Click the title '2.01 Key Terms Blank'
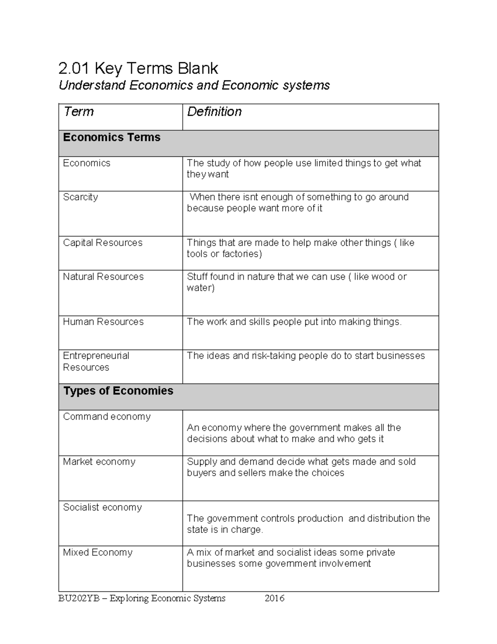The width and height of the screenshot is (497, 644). click(138, 68)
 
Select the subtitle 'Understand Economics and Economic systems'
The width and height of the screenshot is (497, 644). click(194, 85)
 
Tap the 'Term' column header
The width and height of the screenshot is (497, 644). click(78, 112)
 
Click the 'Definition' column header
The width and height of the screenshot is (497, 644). click(214, 112)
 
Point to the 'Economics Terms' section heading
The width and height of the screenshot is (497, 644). click(111, 137)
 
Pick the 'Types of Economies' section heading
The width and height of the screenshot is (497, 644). click(118, 391)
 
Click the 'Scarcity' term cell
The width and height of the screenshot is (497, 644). click(80, 197)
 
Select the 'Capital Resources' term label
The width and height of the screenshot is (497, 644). click(102, 243)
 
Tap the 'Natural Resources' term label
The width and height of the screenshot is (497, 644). click(103, 277)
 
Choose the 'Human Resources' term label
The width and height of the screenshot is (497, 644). click(103, 322)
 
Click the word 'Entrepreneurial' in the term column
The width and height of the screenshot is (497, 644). click(96, 356)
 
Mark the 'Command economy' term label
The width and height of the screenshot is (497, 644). click(106, 416)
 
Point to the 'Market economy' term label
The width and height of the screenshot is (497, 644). click(99, 462)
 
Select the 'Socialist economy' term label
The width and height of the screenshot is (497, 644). click(102, 507)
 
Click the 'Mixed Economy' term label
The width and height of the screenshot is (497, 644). click(97, 552)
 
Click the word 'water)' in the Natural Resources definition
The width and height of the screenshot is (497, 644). click(200, 288)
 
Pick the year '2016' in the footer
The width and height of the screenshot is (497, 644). click(274, 598)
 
